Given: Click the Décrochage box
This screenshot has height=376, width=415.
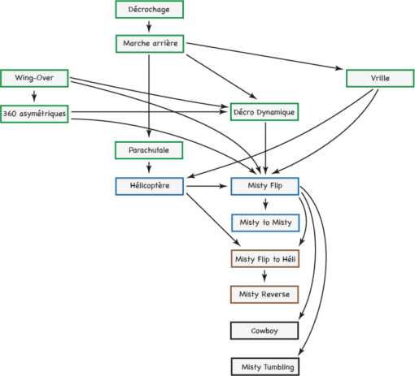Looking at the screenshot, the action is tap(150, 10).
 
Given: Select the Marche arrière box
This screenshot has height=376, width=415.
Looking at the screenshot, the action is tap(150, 44).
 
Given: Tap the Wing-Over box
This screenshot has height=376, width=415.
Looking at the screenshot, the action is tap(34, 78).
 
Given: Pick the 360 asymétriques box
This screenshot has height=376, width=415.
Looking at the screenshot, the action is tap(34, 114).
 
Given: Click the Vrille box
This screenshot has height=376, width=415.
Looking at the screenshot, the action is tap(380, 79).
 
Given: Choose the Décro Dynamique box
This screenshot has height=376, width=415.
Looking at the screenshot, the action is tap(264, 112).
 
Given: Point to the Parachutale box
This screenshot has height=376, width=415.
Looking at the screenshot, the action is tap(149, 150).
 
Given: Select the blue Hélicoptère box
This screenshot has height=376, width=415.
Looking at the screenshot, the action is tap(150, 186).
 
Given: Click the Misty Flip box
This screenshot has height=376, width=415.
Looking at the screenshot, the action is tap(265, 186).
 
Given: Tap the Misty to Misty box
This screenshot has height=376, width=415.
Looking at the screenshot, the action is tap(265, 223).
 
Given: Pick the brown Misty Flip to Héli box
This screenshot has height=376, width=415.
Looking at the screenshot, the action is tap(265, 259).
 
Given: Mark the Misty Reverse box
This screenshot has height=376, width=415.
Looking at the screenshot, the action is tap(264, 294).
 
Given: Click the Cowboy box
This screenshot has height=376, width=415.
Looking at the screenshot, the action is tap(264, 331).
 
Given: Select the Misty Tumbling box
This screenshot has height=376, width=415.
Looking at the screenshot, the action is tap(265, 367).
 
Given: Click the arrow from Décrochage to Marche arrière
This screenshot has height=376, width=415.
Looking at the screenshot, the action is tap(149, 27).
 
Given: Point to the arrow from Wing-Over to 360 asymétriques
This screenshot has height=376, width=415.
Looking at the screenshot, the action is tap(34, 96).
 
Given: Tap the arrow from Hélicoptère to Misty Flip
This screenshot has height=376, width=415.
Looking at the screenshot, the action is tap(207, 186).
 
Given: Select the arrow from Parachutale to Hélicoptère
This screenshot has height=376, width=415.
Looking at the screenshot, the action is tap(149, 167).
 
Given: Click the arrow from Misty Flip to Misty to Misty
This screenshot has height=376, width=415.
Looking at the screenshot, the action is tap(265, 204).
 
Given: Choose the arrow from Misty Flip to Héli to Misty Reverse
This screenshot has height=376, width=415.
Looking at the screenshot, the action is tap(264, 276).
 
